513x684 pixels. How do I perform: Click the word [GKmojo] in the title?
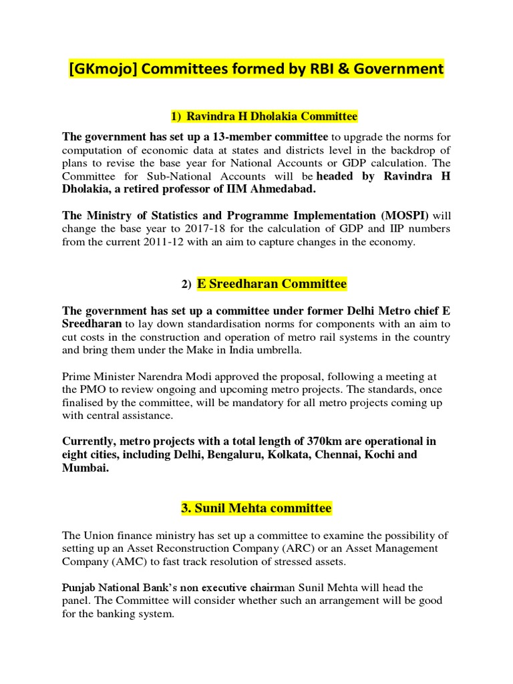pyautogui.click(x=107, y=68)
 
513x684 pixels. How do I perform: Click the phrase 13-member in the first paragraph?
pyautogui.click(x=219, y=137)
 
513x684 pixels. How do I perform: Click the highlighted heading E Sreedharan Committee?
pyautogui.click(x=271, y=284)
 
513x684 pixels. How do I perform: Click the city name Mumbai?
pyautogui.click(x=85, y=468)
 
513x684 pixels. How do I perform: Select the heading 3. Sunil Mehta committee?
pyautogui.click(x=256, y=508)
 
